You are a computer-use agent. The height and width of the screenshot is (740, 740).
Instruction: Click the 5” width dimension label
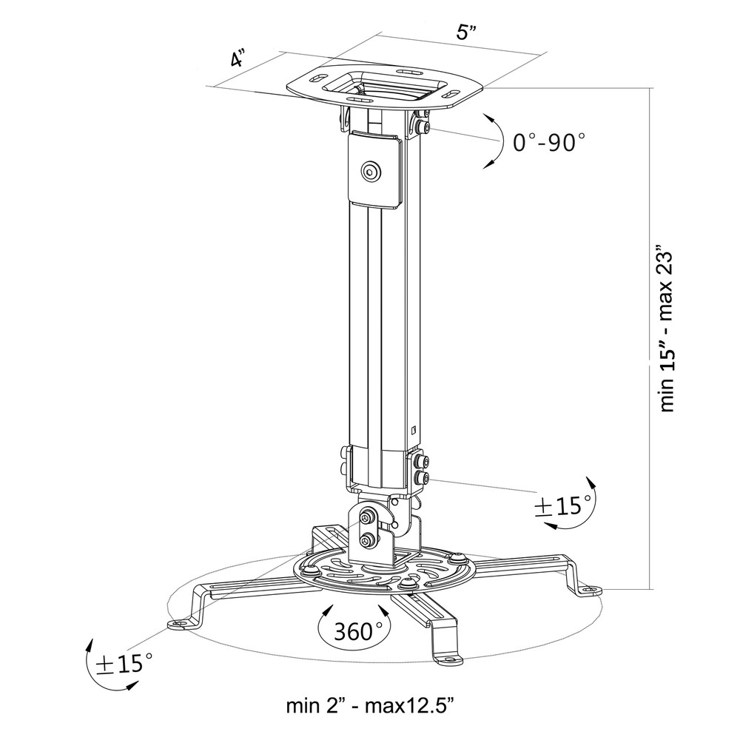465,33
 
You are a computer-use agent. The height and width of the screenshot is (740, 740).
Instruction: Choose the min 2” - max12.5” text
370,705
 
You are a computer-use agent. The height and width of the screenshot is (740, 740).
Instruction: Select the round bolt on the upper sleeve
369,172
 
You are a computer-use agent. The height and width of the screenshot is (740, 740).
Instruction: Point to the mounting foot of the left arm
178,625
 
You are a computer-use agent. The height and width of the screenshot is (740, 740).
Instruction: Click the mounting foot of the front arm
448,656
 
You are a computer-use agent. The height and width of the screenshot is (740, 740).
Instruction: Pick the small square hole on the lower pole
413,427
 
